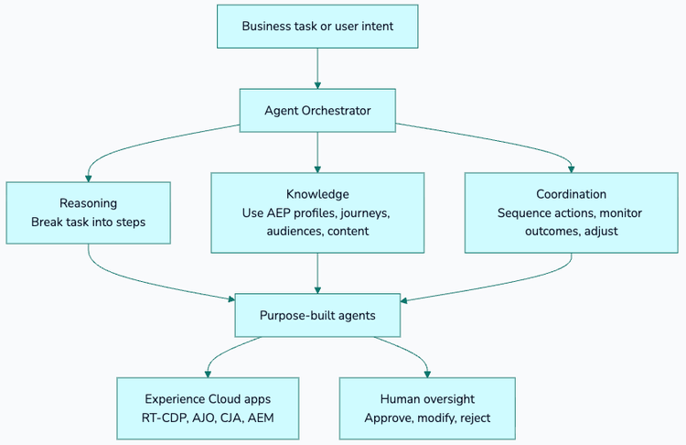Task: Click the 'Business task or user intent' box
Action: (x=317, y=26)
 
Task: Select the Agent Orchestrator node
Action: (x=317, y=111)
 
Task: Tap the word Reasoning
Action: (x=88, y=203)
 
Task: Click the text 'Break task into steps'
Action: (x=88, y=222)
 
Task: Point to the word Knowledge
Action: (x=317, y=194)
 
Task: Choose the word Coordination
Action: (x=572, y=194)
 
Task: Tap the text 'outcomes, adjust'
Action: (x=572, y=231)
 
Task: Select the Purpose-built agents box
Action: (x=317, y=315)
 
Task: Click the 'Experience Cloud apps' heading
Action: (x=208, y=399)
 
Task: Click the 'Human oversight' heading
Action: (x=427, y=399)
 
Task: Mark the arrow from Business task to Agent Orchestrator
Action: (x=317, y=68)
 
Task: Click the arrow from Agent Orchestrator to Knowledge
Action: (x=317, y=152)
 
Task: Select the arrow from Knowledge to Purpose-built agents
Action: (x=317, y=273)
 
